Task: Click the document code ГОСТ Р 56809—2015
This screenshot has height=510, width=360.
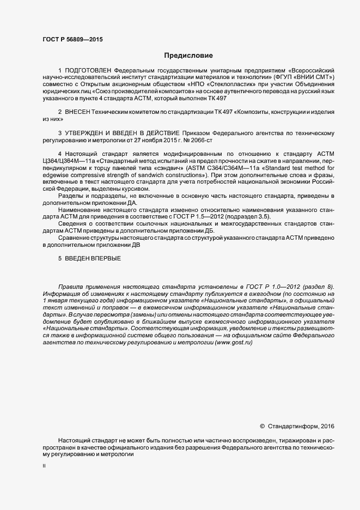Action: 72,39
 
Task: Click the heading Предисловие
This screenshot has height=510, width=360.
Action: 188,55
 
